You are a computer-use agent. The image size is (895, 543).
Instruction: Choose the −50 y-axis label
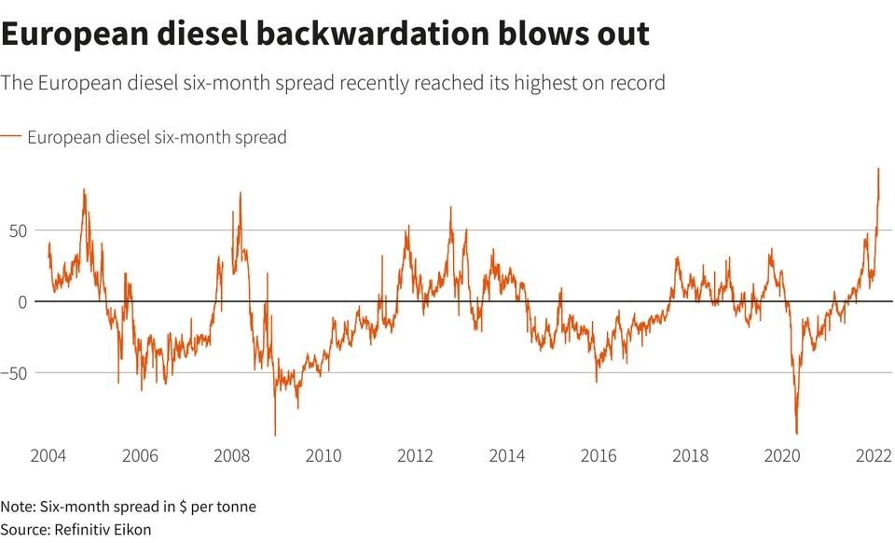(17, 373)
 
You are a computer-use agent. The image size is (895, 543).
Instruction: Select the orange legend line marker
(10, 136)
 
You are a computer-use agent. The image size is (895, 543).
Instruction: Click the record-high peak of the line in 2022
(878, 169)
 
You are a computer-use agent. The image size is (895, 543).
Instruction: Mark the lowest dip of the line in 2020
(797, 433)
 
